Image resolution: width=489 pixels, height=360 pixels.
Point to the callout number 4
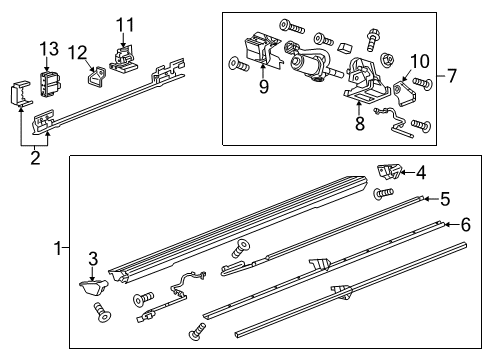click(x=421, y=172)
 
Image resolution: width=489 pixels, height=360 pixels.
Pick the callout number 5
click(x=444, y=198)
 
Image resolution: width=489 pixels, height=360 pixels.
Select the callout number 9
click(x=264, y=86)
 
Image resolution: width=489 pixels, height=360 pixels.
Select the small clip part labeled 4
click(x=390, y=171)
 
